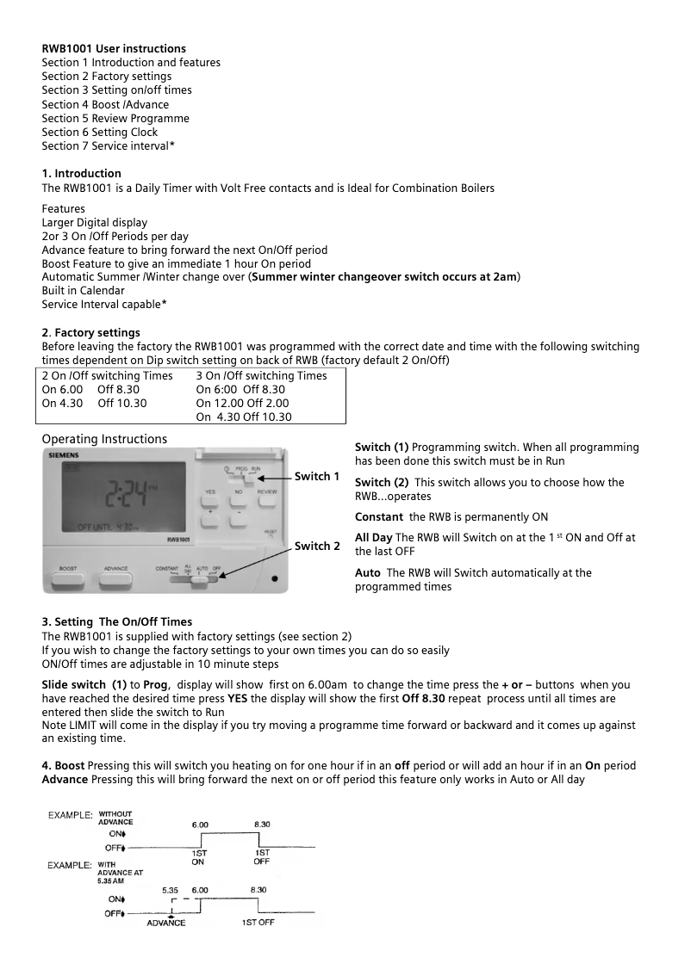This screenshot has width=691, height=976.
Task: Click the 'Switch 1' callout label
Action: click(x=316, y=476)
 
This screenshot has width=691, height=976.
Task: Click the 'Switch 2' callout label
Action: click(x=316, y=546)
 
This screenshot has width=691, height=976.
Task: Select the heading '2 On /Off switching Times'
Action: click(x=107, y=375)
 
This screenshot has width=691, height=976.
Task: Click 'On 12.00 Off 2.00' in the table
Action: click(x=242, y=403)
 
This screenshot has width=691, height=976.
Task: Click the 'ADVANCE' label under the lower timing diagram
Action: click(x=165, y=923)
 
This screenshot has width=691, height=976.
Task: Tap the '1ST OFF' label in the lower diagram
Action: click(x=258, y=923)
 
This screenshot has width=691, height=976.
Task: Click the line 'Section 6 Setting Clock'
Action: click(x=100, y=132)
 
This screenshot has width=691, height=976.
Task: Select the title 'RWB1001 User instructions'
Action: click(x=114, y=48)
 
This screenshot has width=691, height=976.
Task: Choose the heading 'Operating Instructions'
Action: click(x=104, y=439)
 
